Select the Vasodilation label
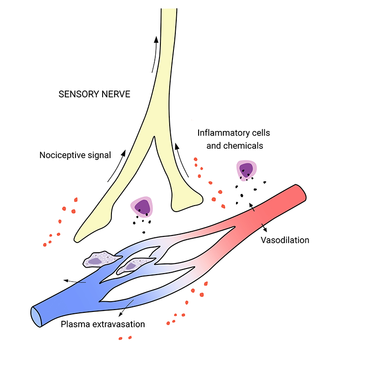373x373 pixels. pos(285,241)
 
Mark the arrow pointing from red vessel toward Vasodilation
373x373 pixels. pos(265,227)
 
